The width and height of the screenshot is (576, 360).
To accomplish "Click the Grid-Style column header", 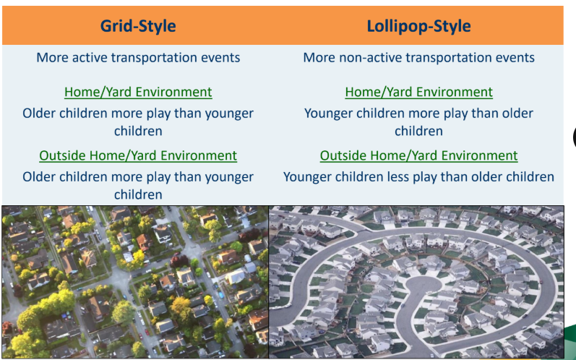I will click(137, 27).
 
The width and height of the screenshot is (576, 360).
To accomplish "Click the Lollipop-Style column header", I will click(418, 27).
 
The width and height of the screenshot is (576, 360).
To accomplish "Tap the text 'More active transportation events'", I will click(138, 57).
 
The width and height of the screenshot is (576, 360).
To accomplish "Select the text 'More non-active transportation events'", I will click(418, 57).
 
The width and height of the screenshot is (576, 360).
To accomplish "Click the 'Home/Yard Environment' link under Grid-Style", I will click(138, 92).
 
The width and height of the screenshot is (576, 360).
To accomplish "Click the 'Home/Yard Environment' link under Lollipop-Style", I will click(418, 92).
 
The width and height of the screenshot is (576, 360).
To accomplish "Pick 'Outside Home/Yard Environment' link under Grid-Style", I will click(138, 155).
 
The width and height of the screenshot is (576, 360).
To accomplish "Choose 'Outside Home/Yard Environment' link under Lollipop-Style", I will click(418, 155).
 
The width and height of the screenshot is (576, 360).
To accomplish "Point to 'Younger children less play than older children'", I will click(418, 177).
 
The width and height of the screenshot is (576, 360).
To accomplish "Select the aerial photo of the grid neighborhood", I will click(134, 282).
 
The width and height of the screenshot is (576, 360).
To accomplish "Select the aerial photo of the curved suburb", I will click(416, 282).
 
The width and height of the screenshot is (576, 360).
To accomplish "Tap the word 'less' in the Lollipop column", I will click(405, 177).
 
